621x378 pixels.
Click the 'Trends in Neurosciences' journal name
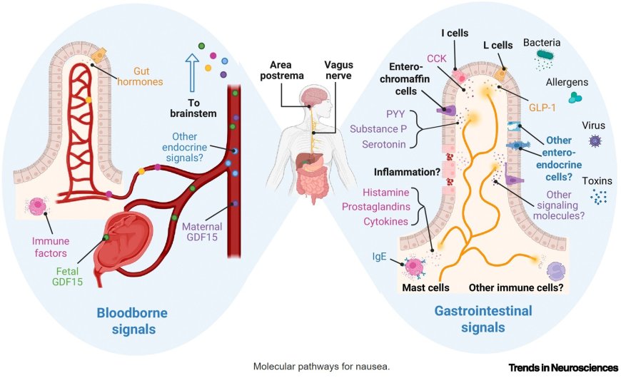[563, 367]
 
